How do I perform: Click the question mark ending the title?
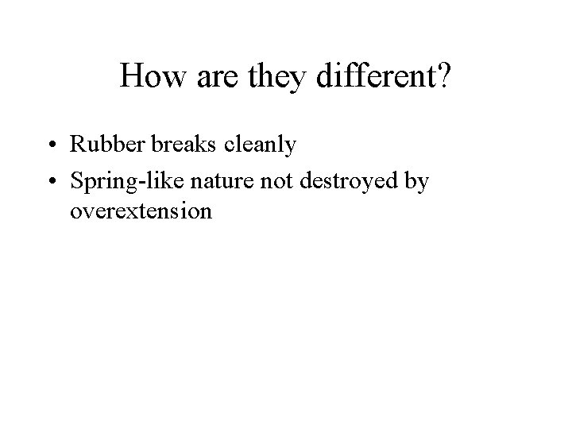(443, 77)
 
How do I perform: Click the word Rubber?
(100, 145)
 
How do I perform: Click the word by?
(416, 183)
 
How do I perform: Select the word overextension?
(141, 211)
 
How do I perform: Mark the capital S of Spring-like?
(76, 182)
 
